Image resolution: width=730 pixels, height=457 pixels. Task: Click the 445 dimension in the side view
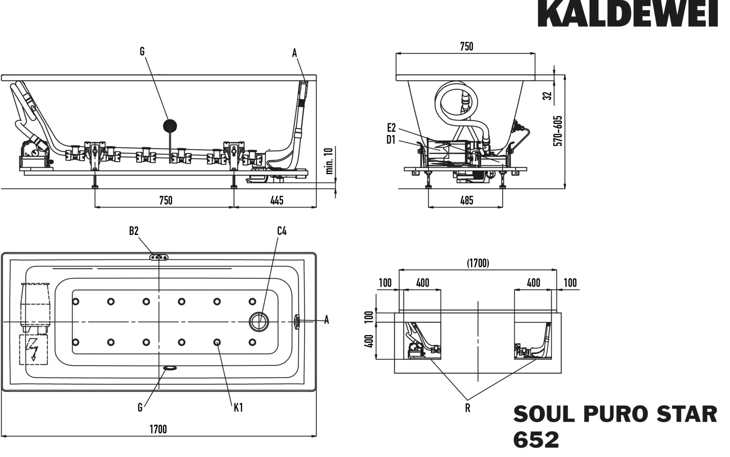tap(277, 200)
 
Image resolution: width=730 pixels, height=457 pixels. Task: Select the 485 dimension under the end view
tap(466, 200)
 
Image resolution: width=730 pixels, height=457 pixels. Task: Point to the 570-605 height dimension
tap(559, 131)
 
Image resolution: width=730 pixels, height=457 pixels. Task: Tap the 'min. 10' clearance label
tap(330, 161)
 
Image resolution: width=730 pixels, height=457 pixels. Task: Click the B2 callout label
tap(134, 231)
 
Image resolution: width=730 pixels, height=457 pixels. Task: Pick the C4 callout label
tap(282, 231)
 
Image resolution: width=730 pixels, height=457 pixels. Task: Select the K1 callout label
tap(238, 407)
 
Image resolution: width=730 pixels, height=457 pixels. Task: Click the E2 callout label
tap(391, 127)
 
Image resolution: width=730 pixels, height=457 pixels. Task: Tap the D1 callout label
tap(390, 140)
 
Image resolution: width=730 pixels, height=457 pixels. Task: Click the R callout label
tap(467, 408)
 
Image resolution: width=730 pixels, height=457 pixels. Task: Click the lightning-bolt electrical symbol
tap(33, 350)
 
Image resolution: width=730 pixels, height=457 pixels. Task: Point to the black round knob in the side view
tap(170, 126)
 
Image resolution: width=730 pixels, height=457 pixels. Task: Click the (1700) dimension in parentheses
tap(478, 263)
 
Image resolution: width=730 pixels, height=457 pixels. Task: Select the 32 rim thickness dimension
tap(548, 96)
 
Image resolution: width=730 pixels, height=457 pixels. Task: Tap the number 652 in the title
tap(536, 440)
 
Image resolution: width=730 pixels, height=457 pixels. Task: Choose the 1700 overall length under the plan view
tap(158, 429)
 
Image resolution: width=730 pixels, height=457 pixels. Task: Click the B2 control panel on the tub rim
tap(159, 257)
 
